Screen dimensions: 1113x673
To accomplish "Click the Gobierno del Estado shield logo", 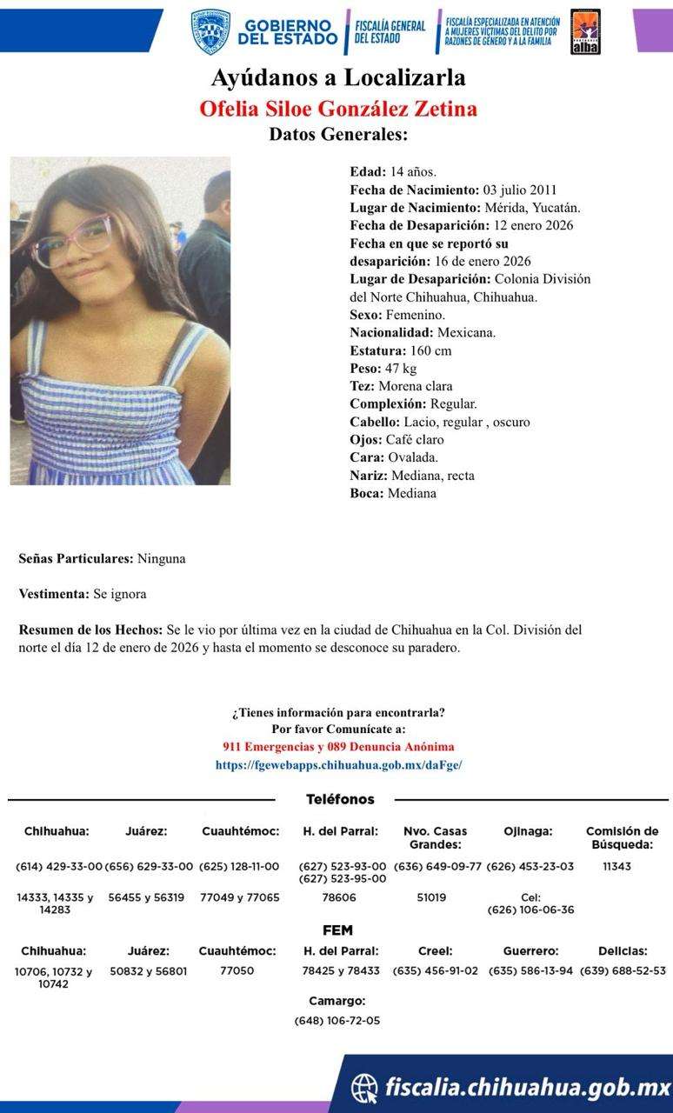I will pos(210,32).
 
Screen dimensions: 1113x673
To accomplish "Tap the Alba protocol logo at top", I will pos(585,32).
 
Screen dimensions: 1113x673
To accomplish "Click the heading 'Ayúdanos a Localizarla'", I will pos(338,78).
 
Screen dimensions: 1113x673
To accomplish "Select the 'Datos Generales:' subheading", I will pos(338,135).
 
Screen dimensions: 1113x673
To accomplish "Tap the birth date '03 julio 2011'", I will pos(520,190).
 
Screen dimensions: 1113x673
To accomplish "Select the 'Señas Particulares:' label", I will pos(77,558).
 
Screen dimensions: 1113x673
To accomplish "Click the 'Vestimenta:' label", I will pos(54,594).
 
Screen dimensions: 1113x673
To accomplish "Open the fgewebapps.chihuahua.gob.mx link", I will pos(338,765).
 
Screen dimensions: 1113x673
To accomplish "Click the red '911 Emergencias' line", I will pos(338,747).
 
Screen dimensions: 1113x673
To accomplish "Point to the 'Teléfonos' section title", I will pos(340,799).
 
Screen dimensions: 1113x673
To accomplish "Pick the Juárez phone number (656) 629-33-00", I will pos(147,866).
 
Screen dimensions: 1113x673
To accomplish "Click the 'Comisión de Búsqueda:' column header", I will pos(622,837).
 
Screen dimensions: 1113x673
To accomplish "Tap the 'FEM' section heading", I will pos(337,930).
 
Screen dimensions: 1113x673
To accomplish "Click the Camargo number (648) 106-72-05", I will pos(336,1020).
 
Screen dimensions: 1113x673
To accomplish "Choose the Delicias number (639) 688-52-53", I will pos(623,970).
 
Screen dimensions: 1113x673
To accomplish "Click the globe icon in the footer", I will pos(364,1087).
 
